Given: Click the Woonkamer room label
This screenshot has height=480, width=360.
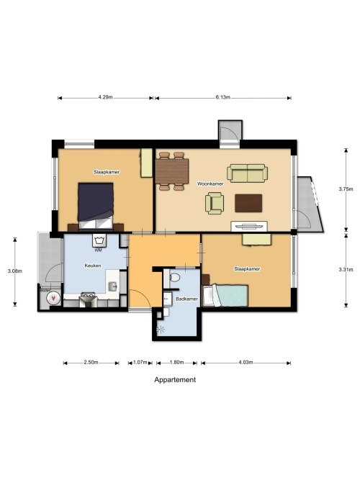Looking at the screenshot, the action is click(210, 184).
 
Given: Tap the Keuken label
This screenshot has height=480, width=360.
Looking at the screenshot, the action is click(93, 266).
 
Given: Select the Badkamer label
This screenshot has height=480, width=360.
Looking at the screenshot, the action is click(187, 299).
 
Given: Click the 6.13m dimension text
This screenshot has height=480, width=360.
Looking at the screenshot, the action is click(222, 97).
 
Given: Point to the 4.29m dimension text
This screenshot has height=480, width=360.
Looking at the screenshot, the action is click(105, 97).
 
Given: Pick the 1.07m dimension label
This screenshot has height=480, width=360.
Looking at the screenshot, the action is click(140, 363).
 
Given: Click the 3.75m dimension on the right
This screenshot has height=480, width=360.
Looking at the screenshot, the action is click(346, 189).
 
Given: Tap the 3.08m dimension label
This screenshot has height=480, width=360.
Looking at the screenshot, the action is click(15, 271).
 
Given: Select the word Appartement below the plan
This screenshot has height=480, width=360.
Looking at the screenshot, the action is click(175, 379).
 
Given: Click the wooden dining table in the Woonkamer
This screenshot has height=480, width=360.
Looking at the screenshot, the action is click(172, 171).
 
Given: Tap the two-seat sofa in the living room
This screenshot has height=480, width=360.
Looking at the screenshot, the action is click(247, 173).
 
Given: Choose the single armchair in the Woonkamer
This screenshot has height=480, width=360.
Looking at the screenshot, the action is click(215, 203).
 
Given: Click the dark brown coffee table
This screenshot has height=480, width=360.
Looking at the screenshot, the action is click(248, 203).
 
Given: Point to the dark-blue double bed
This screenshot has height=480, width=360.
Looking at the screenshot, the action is click(96, 206).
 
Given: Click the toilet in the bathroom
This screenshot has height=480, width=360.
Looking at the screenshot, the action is click(174, 278).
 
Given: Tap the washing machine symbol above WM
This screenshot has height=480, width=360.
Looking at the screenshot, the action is click(99, 241).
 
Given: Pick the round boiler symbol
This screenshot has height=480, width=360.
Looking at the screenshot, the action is click(53, 298).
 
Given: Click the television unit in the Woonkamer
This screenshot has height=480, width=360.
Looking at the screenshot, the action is click(249, 226).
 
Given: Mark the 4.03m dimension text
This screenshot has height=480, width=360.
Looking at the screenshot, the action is click(246, 363).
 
